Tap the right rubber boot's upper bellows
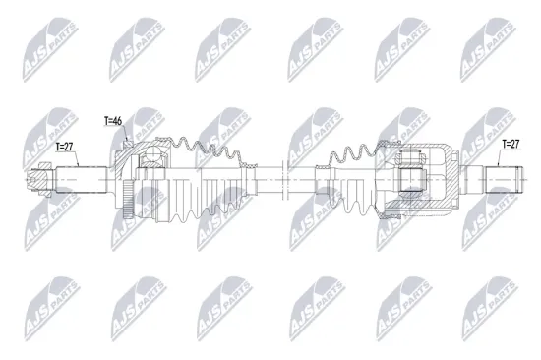(354, 157)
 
